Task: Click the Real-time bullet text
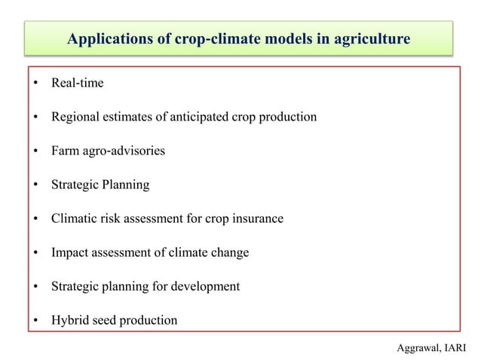pos(77,83)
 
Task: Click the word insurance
pos(258,218)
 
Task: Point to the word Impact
pos(69,252)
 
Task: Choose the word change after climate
pos(230,252)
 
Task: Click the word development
pos(205,286)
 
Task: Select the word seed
pos(103,320)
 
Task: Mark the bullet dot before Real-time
pos(35,84)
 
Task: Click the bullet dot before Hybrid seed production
pos(35,321)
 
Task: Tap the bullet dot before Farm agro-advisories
pos(35,151)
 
